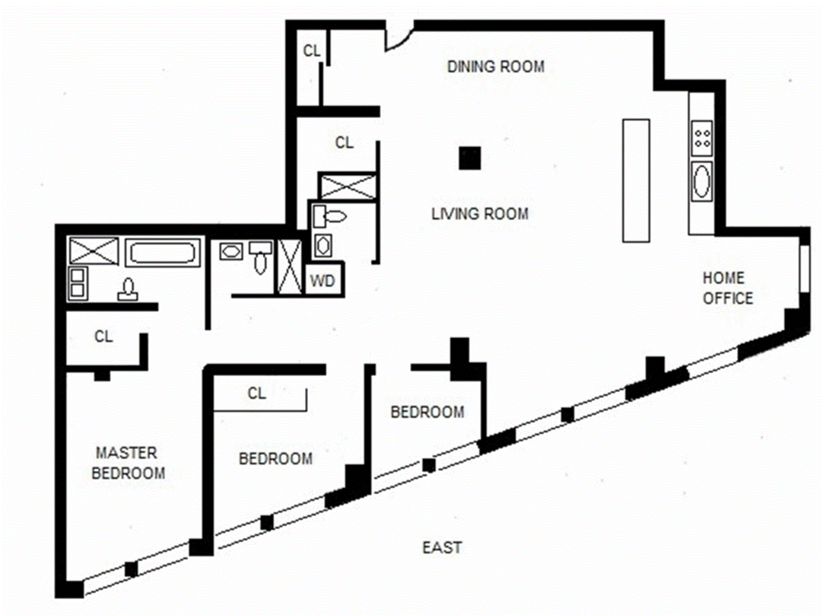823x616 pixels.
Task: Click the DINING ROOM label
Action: [x=496, y=67]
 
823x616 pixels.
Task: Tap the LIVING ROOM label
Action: [x=480, y=214]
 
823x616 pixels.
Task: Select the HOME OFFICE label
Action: [x=727, y=288]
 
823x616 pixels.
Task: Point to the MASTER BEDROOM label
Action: [x=128, y=463]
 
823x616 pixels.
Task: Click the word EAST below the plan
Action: [x=442, y=548]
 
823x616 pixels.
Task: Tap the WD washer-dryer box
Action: [x=322, y=281]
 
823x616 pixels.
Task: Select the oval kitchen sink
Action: [x=701, y=181]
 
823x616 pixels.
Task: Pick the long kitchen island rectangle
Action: [x=636, y=180]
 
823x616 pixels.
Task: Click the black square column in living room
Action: [x=470, y=158]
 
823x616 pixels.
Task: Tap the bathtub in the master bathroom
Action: [x=162, y=252]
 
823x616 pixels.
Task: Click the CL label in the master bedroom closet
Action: [x=104, y=337]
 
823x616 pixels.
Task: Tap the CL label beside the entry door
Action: [x=312, y=51]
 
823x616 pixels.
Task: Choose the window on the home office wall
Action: [x=805, y=268]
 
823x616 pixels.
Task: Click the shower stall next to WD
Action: [x=290, y=266]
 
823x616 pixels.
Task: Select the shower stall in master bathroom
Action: [x=94, y=251]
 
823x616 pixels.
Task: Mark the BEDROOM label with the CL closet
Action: [x=276, y=459]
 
